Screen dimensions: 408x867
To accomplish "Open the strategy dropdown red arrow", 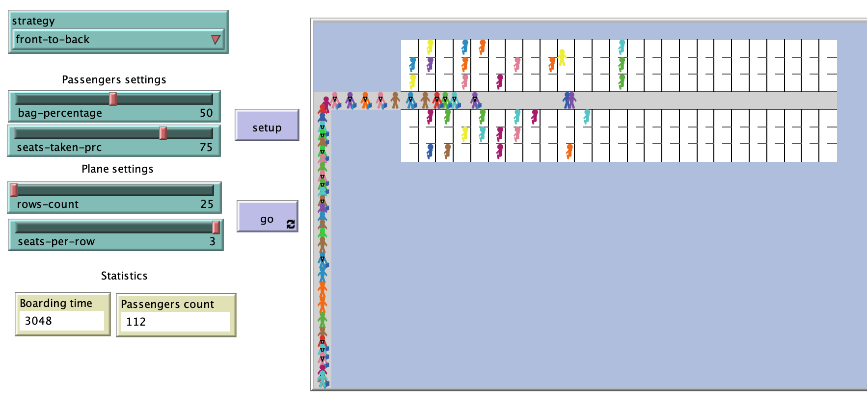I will pos(216,40).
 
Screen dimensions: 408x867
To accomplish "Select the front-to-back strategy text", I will pos(53,40).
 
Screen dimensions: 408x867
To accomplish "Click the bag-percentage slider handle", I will pos(113,99).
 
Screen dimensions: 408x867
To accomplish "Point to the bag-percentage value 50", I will pos(206,113).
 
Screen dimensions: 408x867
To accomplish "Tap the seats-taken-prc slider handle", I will pos(163,133).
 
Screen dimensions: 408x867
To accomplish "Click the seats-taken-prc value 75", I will pos(206,148).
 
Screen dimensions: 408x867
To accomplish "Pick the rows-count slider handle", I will pos(14,190).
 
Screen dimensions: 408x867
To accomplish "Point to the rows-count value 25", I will pos(207,204).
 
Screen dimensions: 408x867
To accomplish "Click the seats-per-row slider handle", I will pos(216,227).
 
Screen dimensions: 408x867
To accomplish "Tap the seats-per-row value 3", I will pos(212,242).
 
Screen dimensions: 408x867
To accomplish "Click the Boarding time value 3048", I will pos(38,321).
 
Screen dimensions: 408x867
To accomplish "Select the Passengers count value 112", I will pos(136,322).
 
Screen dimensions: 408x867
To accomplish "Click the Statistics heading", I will pos(124,276).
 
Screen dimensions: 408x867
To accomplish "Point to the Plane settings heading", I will pos(117,169).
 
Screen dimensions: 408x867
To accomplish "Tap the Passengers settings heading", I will pos(114,80).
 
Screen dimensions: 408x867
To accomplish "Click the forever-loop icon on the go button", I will pos(291,224).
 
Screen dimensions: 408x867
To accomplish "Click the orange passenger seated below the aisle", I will pos(569,151).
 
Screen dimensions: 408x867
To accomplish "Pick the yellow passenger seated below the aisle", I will pos(465,133).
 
